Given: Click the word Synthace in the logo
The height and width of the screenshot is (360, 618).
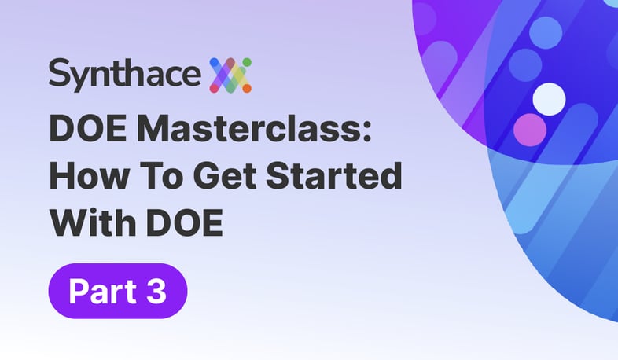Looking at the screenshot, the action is (124, 75).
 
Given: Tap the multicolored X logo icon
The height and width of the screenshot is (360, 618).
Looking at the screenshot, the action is (230, 75).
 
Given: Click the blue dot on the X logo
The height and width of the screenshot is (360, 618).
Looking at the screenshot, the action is (215, 63).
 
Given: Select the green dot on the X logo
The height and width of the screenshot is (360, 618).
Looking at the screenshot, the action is (247, 63).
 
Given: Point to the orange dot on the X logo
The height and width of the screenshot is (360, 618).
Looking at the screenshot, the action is (247, 88).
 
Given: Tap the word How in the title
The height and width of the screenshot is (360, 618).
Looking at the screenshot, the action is (89, 175).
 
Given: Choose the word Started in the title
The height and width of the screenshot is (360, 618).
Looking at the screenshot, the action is (334, 175).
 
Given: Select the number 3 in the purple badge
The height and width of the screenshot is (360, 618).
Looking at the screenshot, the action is (156, 292).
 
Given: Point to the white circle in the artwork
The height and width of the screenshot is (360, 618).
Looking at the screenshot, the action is (549, 99).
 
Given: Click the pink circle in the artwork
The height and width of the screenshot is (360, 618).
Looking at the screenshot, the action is (530, 130).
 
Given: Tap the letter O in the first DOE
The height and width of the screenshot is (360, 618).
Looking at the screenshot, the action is (90, 129).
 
